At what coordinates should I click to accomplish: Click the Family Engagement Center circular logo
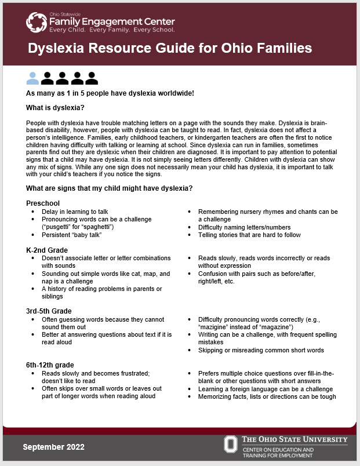pos(37,23)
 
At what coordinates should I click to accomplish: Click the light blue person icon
pos(33,78)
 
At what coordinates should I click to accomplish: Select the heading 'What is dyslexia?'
pos(55,108)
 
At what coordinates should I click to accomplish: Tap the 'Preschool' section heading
pos(43,203)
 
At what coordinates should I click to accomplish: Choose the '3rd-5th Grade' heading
pos(49,311)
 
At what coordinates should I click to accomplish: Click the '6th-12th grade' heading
pos(50,365)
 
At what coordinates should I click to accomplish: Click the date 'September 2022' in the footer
pos(53,447)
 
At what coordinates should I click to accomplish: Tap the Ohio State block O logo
pos(231,445)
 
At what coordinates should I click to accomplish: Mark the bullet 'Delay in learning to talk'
pos(75,212)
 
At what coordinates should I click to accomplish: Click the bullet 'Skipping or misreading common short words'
pos(261,350)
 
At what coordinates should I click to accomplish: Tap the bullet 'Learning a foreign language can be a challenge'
pos(266,389)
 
